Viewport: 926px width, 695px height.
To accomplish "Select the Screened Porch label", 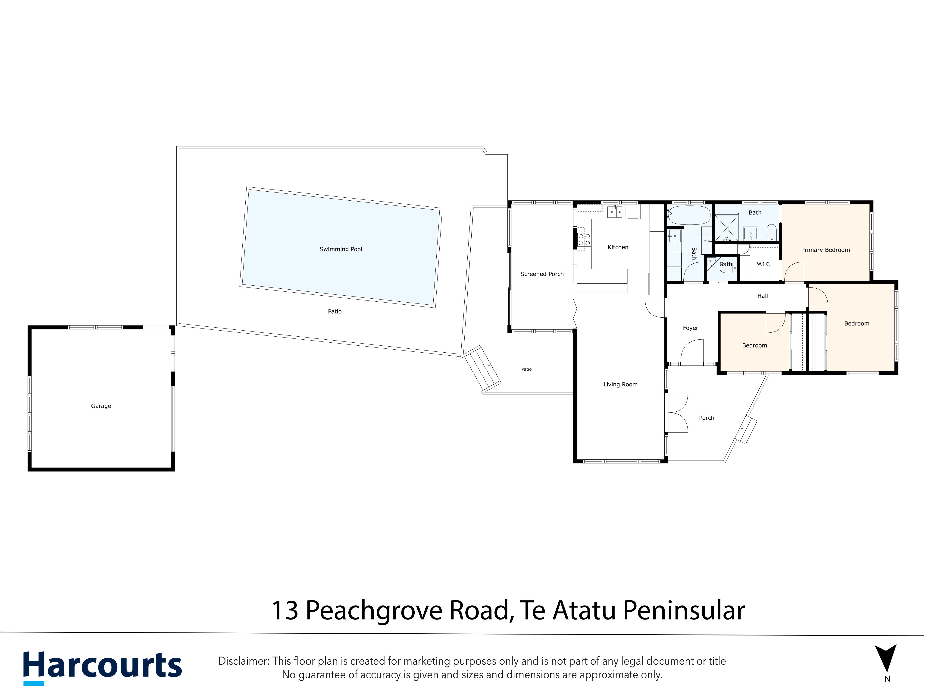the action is click(x=542, y=274).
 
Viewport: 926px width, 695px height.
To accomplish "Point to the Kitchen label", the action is click(x=618, y=247).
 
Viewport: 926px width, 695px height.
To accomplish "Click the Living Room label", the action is click(x=620, y=385).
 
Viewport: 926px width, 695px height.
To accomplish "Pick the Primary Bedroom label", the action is click(x=826, y=250).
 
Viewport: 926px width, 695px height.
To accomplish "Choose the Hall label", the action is click(x=763, y=296).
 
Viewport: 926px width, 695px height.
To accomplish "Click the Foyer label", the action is click(x=691, y=328).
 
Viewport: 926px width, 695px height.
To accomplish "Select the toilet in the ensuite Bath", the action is click(x=772, y=233).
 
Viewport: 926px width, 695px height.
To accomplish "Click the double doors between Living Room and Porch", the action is click(x=678, y=413).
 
